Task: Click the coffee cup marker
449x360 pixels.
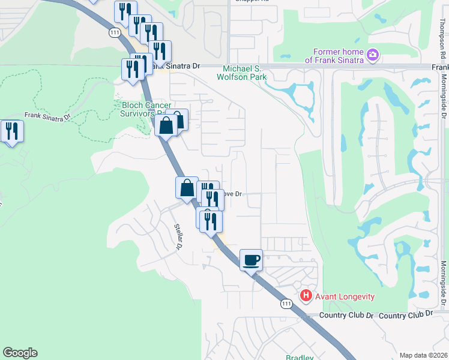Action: point(252,260)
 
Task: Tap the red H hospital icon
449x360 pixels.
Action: point(306,295)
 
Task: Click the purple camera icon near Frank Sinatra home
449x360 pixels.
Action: point(373,55)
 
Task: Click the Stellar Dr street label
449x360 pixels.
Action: point(178,237)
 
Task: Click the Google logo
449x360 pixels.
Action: point(20,353)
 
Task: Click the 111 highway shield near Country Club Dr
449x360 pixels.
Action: point(286,305)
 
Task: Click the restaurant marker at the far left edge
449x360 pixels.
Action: point(11,131)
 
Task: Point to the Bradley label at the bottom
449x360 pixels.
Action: point(300,357)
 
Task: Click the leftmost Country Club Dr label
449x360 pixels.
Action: point(346,316)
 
